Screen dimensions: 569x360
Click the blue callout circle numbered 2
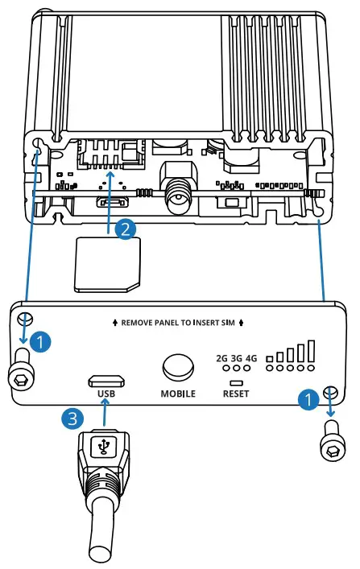point(125,229)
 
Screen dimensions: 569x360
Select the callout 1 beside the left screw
point(44,341)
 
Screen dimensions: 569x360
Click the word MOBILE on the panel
point(178,394)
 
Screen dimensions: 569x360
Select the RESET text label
point(236,394)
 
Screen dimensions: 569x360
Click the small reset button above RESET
point(236,381)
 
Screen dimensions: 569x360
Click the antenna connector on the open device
point(176,193)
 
